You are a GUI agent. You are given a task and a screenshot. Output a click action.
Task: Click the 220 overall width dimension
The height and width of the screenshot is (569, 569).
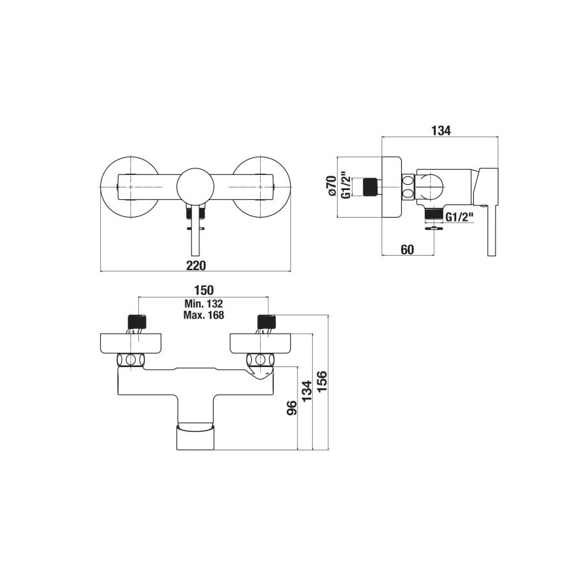pos(196,265)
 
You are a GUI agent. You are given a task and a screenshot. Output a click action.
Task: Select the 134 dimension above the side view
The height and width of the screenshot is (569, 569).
pos(441,131)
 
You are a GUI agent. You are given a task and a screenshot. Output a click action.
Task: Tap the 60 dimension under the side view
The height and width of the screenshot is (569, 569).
pos(407,249)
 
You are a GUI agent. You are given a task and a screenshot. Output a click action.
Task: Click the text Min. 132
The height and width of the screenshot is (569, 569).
pos(204,304)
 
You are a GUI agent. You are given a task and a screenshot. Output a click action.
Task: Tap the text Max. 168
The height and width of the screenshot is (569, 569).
pos(204,315)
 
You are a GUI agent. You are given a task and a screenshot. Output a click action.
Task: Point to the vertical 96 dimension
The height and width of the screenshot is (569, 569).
pos(292,408)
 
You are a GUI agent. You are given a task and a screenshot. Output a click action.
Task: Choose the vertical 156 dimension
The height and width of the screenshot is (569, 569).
pos(322,382)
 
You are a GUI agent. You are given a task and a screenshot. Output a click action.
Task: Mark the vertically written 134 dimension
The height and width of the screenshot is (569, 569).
pos(307,392)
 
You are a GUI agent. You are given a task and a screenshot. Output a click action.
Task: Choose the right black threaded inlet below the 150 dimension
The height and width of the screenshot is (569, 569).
pos(265,322)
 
